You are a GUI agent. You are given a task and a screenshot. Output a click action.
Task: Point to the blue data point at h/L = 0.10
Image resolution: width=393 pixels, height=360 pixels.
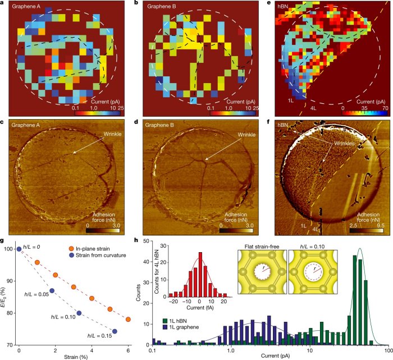coord(79,313)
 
